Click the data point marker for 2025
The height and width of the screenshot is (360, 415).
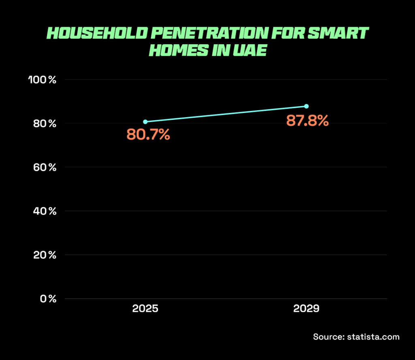pyautogui.click(x=145, y=121)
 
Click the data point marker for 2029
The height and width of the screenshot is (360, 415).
pyautogui.click(x=306, y=106)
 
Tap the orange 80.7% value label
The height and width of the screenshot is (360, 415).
pyautogui.click(x=148, y=134)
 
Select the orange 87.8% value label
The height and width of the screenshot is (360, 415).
pyautogui.click(x=307, y=121)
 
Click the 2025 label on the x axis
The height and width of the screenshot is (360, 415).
pyautogui.click(x=145, y=309)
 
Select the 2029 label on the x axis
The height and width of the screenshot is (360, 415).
pyautogui.click(x=306, y=309)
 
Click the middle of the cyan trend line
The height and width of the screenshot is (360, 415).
pyautogui.click(x=226, y=114)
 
